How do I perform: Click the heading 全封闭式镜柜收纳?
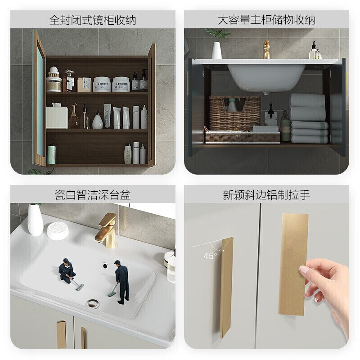click(92, 20)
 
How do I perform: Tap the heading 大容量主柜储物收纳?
click(266, 20)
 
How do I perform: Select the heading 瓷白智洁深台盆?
click(92, 194)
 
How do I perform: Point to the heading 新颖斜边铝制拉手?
click(266, 194)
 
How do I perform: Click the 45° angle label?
click(210, 256)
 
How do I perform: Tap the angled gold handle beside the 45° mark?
click(226, 288)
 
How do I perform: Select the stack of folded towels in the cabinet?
click(308, 118)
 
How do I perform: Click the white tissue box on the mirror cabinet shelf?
click(57, 117)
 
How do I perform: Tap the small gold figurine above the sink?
click(266, 49)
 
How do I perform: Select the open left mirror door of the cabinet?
click(39, 103)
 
